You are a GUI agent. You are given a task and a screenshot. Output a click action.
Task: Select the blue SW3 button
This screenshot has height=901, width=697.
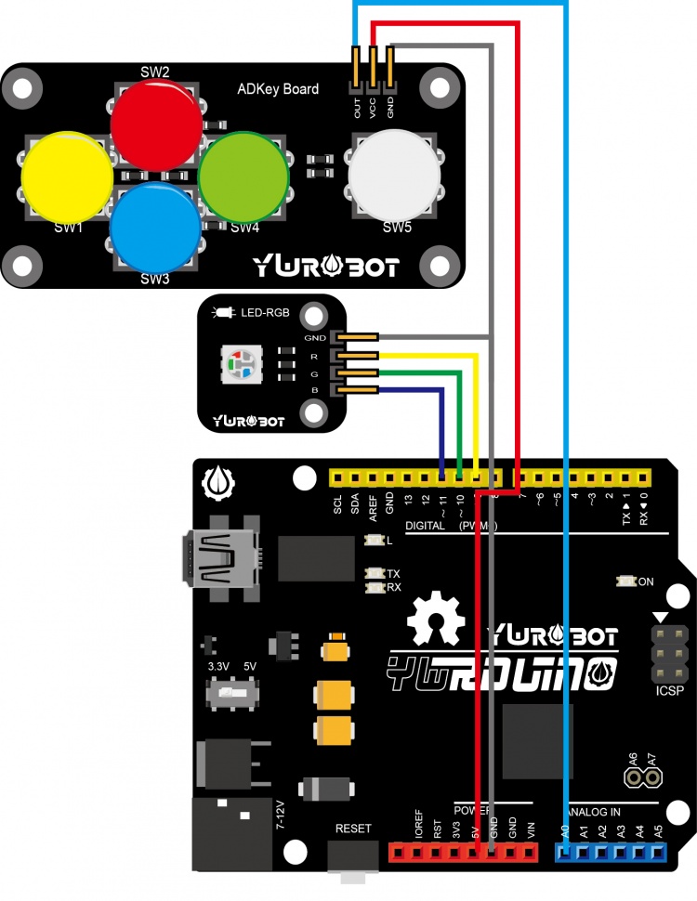coord(155,226)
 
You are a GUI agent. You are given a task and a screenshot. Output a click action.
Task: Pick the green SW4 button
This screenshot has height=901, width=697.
coord(243,176)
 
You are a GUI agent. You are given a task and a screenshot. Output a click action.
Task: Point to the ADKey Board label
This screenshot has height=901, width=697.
coord(278,89)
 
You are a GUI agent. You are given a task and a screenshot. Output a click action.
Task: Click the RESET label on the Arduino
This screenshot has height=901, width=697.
coord(353,828)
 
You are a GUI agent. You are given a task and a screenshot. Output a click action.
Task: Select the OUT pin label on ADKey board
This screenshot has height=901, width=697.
coord(357,109)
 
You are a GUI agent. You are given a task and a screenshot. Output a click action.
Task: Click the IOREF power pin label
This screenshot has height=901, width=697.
coord(418,825)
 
